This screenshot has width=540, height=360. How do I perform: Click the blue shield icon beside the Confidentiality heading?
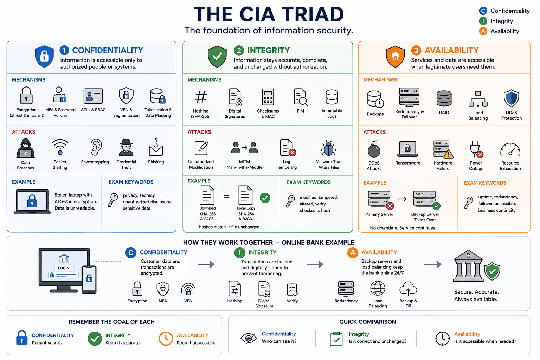pyautogui.click(x=44, y=56)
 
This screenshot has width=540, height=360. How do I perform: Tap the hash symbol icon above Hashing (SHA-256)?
pyautogui.click(x=201, y=97)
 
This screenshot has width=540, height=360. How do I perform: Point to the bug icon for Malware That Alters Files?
pyautogui.click(x=328, y=148)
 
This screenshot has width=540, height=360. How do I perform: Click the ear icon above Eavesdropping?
pyautogui.click(x=96, y=147)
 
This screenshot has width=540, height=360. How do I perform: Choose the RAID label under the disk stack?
pyautogui.click(x=444, y=112)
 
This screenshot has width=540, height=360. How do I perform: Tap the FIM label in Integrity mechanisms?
pyautogui.click(x=300, y=111)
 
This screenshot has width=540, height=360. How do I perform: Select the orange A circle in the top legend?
pyautogui.click(x=483, y=31)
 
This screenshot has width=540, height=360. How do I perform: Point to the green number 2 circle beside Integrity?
pyautogui.click(x=239, y=50)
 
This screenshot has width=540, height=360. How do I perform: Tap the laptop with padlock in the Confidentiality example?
pyautogui.click(x=32, y=201)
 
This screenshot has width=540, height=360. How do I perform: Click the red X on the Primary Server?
pyautogui.click(x=390, y=206)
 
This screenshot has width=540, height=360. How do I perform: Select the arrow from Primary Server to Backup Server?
pyautogui.click(x=401, y=199)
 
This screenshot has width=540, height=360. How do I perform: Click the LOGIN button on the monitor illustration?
pyautogui.click(x=64, y=268)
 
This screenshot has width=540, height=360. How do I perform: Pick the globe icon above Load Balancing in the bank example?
pyautogui.click(x=378, y=288)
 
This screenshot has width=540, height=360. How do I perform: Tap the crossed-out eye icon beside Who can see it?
pyautogui.click(x=249, y=338)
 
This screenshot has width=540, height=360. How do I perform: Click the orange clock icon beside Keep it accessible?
pyautogui.click(x=166, y=339)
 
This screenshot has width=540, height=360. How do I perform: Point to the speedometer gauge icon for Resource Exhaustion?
pyautogui.click(x=510, y=150)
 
